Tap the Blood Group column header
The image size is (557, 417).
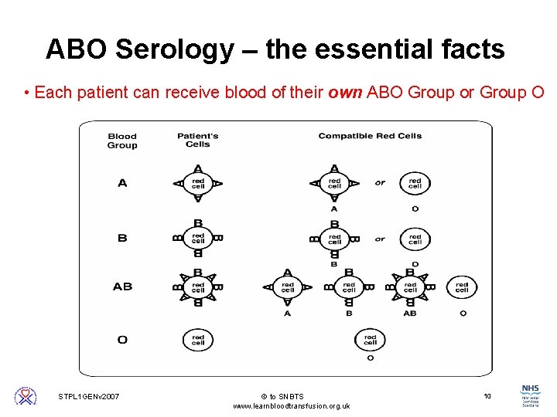[122, 141]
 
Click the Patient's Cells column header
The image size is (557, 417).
[198, 140]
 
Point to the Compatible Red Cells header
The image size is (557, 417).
[370, 136]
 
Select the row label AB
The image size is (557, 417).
[122, 286]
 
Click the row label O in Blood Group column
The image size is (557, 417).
[122, 340]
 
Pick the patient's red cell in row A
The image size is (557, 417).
[198, 183]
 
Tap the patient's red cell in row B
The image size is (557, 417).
[198, 238]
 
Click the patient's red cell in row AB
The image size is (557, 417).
[198, 286]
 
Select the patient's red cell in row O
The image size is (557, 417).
[198, 339]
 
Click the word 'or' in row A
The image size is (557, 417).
[380, 183]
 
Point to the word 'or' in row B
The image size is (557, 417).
[380, 239]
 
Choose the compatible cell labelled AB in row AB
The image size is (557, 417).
[410, 286]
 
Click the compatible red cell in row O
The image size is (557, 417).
[370, 339]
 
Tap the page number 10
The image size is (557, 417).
[487, 396]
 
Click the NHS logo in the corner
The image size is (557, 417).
[531, 395]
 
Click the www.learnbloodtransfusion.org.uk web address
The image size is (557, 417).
[292, 406]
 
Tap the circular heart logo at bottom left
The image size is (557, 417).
[26, 396]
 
